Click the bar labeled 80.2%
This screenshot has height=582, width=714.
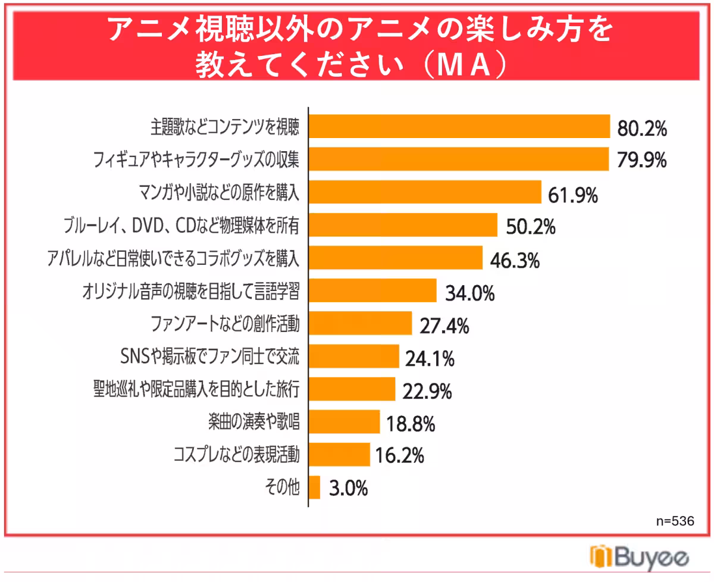pos(459,126)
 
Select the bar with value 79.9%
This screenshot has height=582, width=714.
pos(459,159)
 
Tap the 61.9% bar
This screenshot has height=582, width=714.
pos(425,192)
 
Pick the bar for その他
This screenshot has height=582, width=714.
pos(314,487)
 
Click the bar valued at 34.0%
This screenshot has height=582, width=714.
pos(372,290)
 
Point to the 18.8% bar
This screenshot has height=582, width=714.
pos(345,422)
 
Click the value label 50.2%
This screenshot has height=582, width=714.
pos(531,227)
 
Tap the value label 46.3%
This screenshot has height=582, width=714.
pos(515,261)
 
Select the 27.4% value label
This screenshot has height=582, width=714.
pos(444,326)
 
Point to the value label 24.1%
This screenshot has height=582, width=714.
pos(430,359)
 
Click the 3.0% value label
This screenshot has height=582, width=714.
pos(348,488)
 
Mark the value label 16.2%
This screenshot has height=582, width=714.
pos(400,455)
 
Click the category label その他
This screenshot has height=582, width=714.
pos(282,487)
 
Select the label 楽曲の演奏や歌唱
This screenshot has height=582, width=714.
pos(253,421)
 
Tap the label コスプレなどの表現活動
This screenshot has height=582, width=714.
pos(237,454)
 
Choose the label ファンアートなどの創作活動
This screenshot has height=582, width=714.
pos(226,324)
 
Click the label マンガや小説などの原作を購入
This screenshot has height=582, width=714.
pos(219,192)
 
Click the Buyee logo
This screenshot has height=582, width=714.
pos(639,557)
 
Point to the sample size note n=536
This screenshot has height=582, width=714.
pos(675,521)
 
